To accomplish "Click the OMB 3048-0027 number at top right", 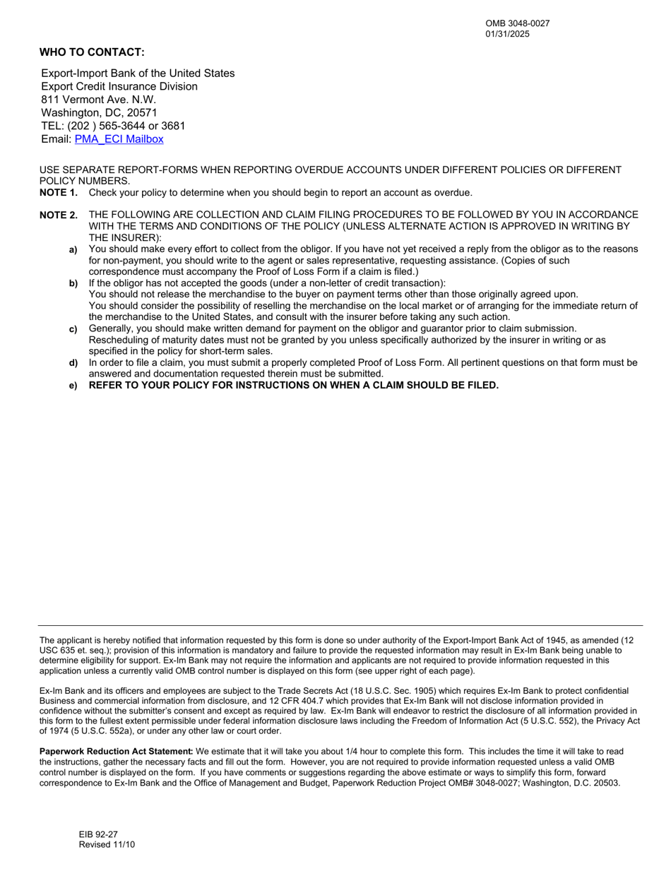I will click(517, 23).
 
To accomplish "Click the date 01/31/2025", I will click(507, 34).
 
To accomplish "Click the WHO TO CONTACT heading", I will click(92, 52).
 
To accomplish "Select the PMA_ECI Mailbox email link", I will click(119, 139).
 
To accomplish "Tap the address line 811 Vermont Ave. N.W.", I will click(98, 100).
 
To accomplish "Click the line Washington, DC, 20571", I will click(99, 113).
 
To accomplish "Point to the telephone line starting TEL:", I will click(113, 126).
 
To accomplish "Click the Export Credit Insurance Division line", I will click(119, 86).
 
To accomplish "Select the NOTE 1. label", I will click(59, 193).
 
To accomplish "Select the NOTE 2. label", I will click(59, 215).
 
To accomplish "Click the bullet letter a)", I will click(73, 250).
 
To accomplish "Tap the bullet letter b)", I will click(73, 284).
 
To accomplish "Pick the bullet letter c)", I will click(73, 329).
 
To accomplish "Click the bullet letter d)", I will click(73, 363).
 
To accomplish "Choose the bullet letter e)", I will click(73, 386).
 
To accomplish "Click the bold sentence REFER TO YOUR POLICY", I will click(293, 385).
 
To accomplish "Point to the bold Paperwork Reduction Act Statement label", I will click(116, 752).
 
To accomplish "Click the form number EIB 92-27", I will click(98, 834).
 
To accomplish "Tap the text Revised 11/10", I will click(107, 845).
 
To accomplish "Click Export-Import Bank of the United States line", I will click(138, 73).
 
